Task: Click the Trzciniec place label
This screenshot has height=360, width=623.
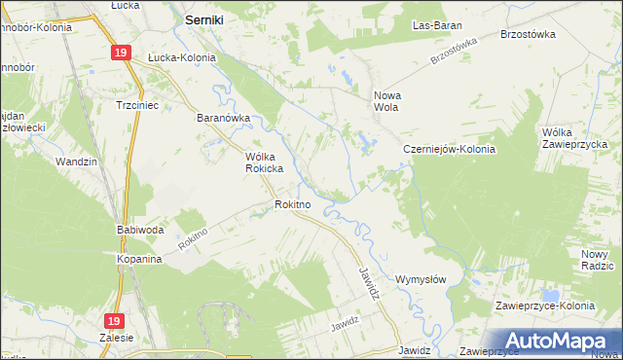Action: click(x=137, y=104)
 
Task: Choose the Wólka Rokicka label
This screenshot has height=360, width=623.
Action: click(x=263, y=162)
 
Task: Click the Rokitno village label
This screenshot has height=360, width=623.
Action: click(x=292, y=204)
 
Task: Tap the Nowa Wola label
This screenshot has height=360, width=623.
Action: click(x=387, y=101)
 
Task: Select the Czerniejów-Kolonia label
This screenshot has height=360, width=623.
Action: click(x=450, y=150)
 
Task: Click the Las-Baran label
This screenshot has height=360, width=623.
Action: click(x=436, y=24)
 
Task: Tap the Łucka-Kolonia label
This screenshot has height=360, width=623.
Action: click(x=181, y=57)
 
